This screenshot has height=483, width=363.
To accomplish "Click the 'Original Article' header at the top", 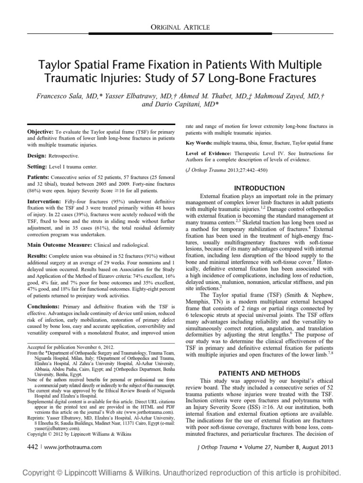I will pos(181,28).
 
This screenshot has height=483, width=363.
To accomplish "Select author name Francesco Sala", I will pos(68,96).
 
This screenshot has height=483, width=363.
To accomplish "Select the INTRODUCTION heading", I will pos(260,188).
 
